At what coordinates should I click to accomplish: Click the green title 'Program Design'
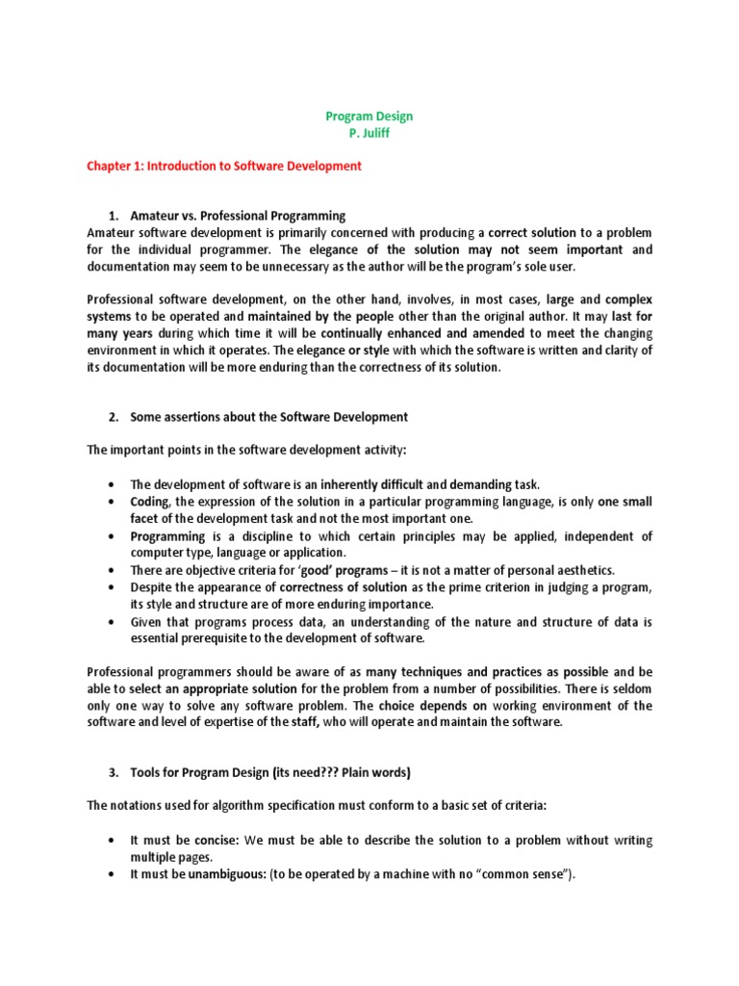click(369, 117)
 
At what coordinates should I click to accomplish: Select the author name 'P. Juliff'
click(369, 133)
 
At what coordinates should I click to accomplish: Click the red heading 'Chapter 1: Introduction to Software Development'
click(224, 166)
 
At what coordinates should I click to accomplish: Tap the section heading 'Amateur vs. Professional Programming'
click(238, 215)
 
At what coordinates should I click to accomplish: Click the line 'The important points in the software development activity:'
click(246, 450)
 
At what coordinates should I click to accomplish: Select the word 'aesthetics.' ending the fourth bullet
click(583, 570)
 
